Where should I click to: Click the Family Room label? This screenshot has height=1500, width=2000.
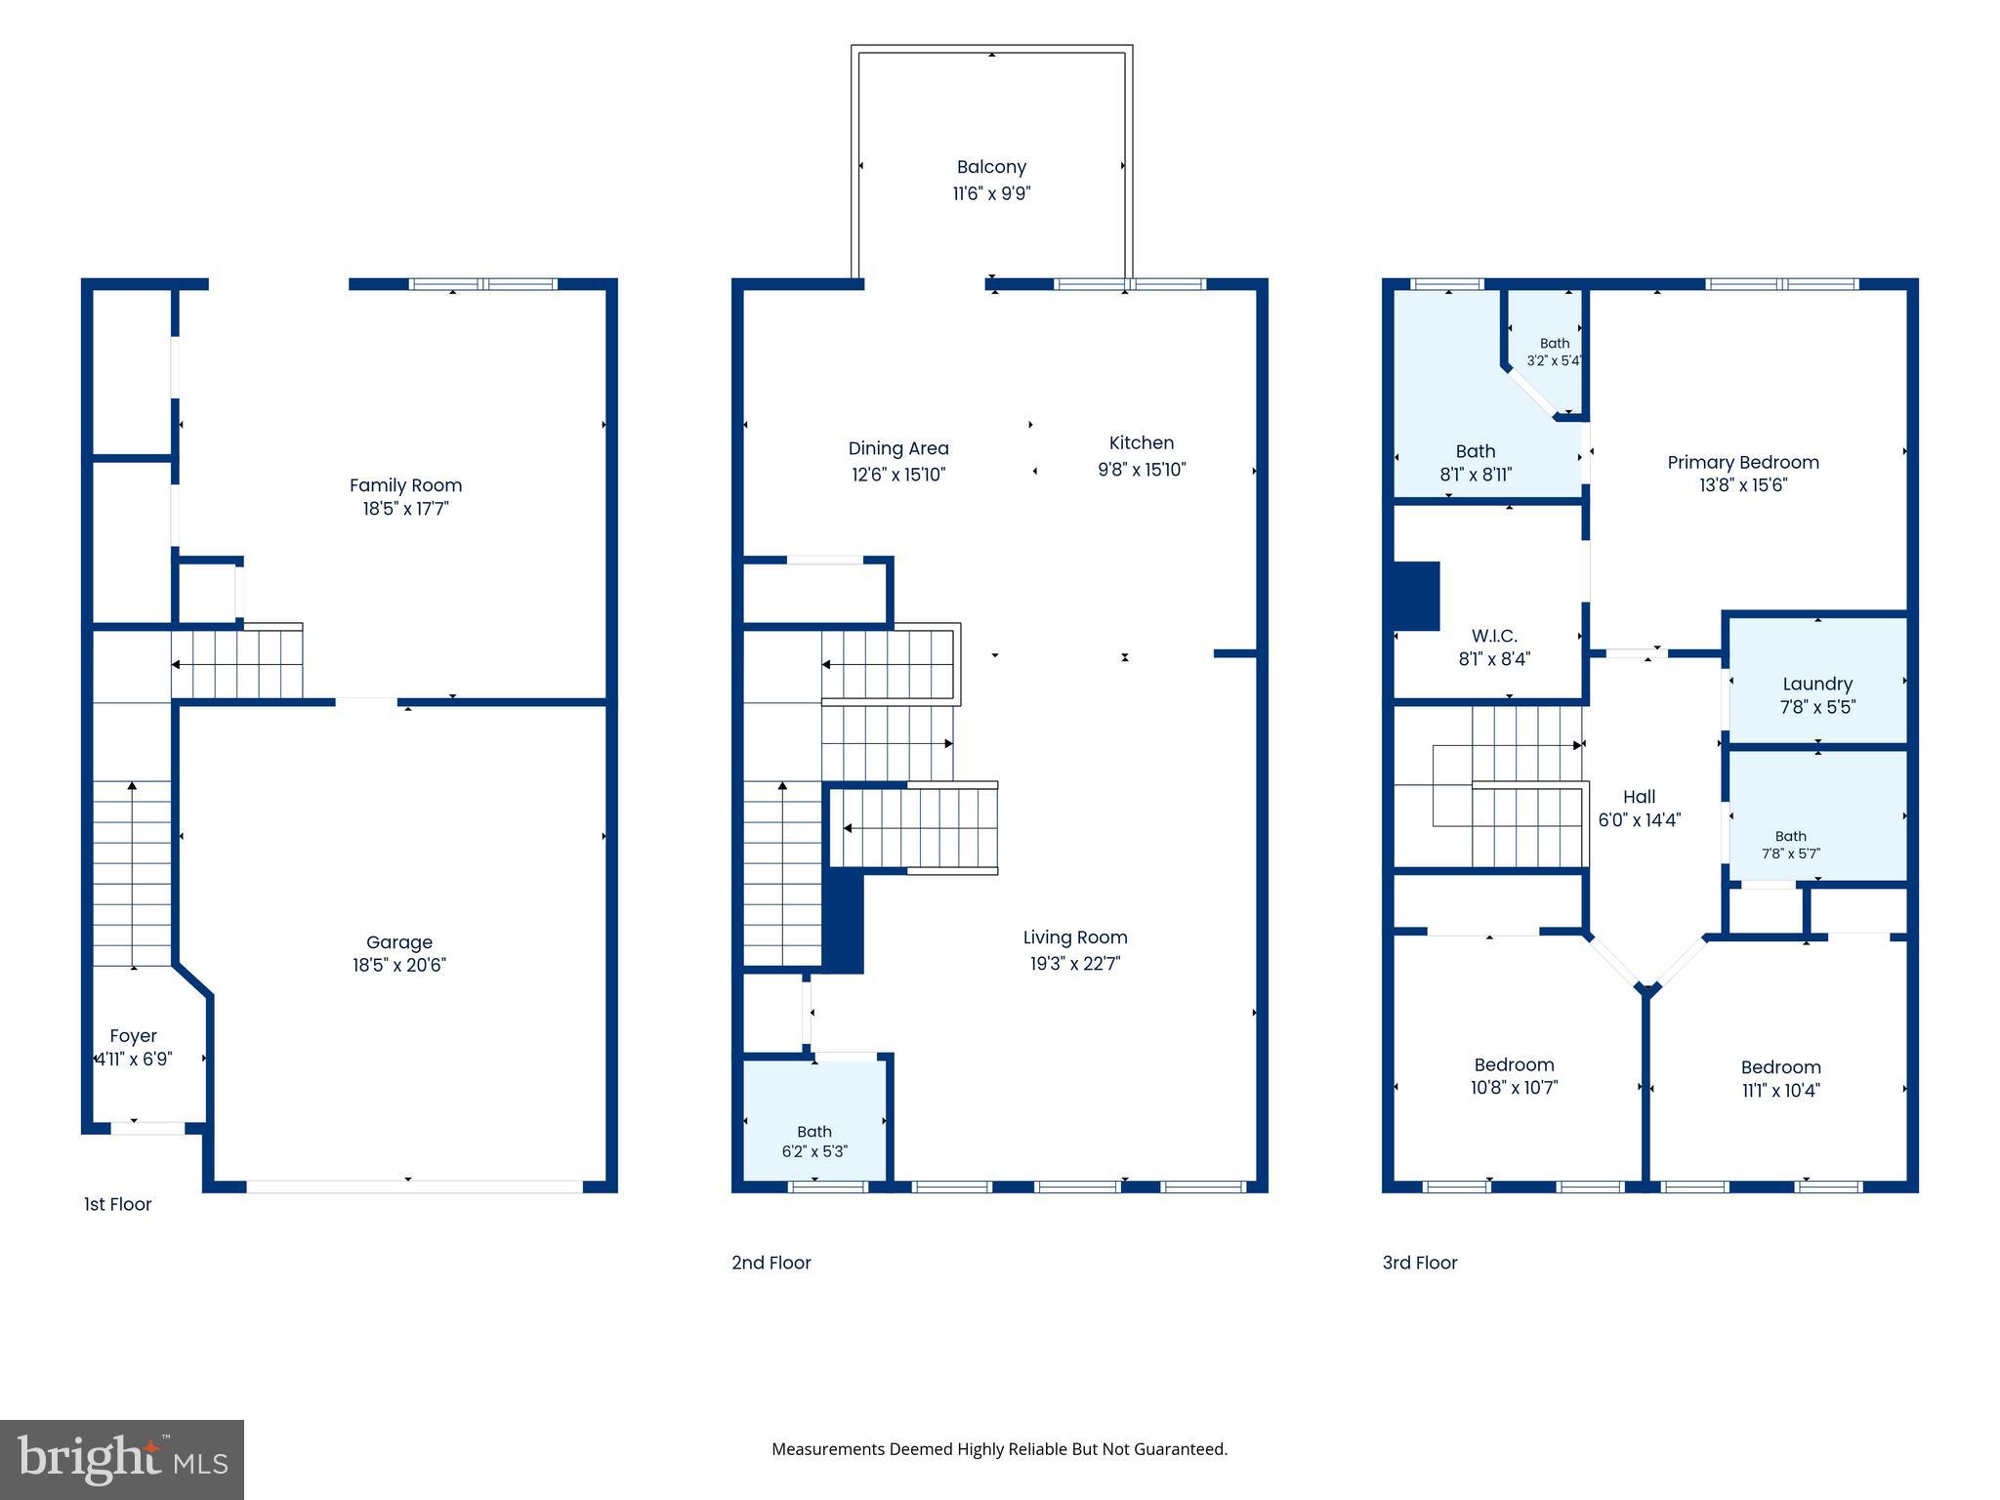pyautogui.click(x=405, y=485)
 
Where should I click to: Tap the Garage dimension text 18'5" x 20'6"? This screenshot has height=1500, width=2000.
pyautogui.click(x=399, y=965)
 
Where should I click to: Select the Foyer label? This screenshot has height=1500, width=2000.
pyautogui.click(x=133, y=1036)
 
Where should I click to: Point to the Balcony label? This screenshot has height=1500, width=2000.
pyautogui.click(x=991, y=167)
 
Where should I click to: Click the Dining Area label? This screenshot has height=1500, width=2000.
pyautogui.click(x=898, y=448)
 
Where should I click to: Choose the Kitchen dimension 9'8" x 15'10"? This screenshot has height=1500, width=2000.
pyautogui.click(x=1142, y=470)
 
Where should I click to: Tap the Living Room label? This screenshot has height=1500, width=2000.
pyautogui.click(x=1075, y=937)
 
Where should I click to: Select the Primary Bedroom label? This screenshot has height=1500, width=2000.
pyautogui.click(x=1743, y=462)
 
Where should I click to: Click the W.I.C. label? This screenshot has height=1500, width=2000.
pyautogui.click(x=1494, y=636)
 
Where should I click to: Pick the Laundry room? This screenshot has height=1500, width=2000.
pyautogui.click(x=1817, y=681)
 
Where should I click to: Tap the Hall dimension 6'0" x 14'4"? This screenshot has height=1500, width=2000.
pyautogui.click(x=1640, y=820)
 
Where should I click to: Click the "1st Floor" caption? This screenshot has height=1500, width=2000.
pyautogui.click(x=118, y=1204)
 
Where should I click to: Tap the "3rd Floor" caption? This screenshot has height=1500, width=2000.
pyautogui.click(x=1420, y=1263)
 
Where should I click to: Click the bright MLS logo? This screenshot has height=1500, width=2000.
pyautogui.click(x=122, y=1459)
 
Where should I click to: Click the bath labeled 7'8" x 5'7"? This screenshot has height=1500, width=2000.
pyautogui.click(x=1817, y=815)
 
